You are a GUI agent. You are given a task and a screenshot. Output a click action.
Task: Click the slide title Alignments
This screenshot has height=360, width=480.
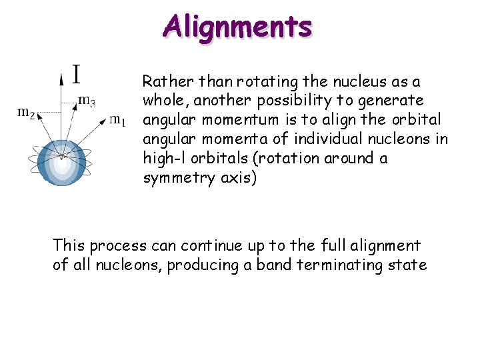tap(237, 27)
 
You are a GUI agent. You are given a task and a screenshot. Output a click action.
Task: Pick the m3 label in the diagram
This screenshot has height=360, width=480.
tap(87, 101)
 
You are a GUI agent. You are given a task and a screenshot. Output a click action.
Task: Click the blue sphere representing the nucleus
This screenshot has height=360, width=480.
tap(61, 162)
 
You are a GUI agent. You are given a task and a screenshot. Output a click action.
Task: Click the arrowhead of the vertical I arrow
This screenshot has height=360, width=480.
tap(62, 79)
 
